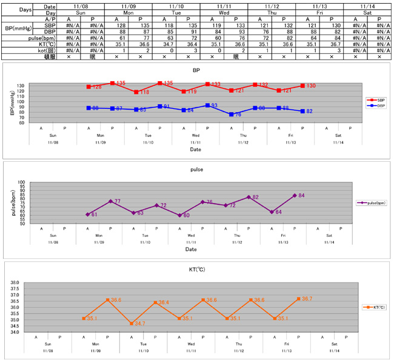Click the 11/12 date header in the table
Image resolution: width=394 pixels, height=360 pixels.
tap(271, 5)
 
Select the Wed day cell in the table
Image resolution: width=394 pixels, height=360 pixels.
tap(224, 12)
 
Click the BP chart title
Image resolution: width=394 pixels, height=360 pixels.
tap(196, 71)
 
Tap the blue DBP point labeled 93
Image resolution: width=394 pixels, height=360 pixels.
tap(207, 105)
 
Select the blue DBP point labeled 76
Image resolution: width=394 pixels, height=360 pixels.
tap(231, 114)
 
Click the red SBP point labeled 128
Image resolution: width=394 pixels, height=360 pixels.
tap(88, 87)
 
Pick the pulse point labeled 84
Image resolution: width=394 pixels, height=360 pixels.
tap(295, 195)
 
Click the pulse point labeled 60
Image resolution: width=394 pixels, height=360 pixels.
tap(180, 215)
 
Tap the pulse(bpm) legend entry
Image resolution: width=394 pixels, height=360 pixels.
tap(372, 203)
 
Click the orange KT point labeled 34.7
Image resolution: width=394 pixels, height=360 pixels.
tap(132, 324)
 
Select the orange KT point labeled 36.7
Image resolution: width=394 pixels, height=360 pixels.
tap(299, 299)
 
